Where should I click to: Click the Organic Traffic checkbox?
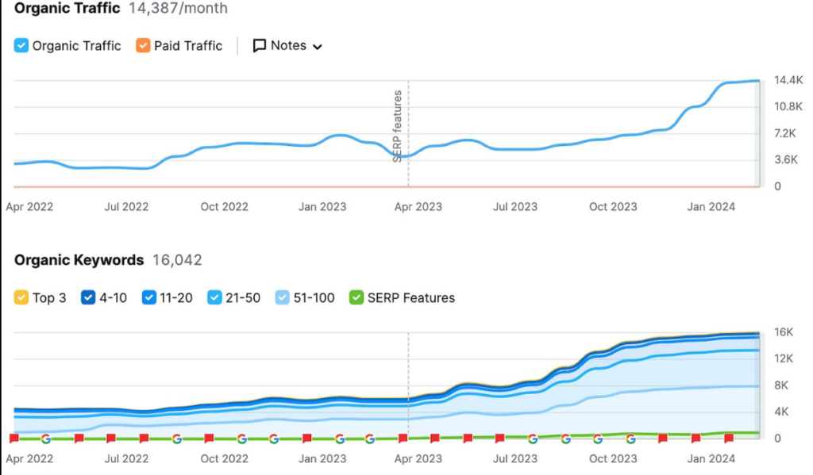(21, 45)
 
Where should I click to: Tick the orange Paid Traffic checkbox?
(143, 45)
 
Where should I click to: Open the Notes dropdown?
(287, 45)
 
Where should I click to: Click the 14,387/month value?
(178, 8)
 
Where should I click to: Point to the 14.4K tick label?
(788, 80)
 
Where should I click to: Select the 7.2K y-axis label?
(785, 134)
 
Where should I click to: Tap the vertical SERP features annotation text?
(398, 126)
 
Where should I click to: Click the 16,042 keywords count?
(177, 260)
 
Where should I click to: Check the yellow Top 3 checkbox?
(21, 298)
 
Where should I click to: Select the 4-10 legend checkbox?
(88, 298)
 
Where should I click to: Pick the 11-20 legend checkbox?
(148, 298)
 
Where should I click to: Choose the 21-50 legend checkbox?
(214, 298)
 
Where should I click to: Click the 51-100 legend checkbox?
(283, 298)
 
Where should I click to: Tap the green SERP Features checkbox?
(356, 298)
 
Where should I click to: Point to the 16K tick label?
(784, 332)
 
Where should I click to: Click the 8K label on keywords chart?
(781, 385)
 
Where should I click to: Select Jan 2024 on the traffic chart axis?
(711, 207)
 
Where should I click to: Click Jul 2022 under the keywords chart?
(126, 459)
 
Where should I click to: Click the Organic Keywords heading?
(79, 260)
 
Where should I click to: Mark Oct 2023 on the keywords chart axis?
(613, 459)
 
